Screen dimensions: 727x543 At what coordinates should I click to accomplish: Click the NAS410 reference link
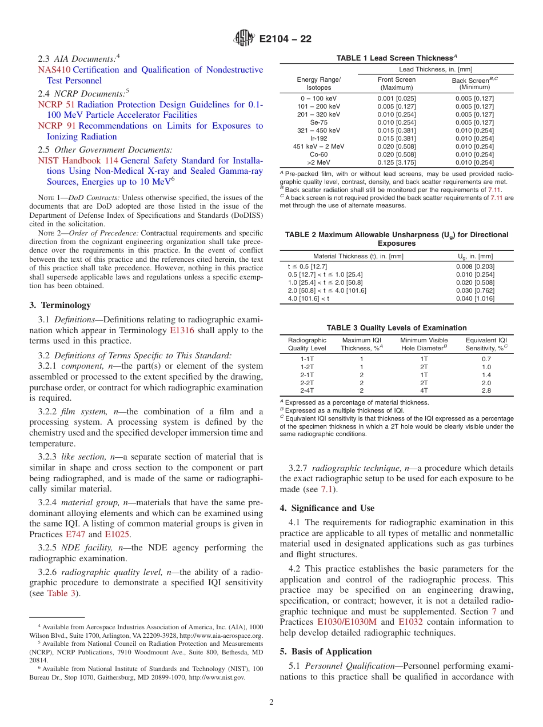(x=54, y=70)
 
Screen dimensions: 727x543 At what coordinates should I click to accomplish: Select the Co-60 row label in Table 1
(x=318, y=154)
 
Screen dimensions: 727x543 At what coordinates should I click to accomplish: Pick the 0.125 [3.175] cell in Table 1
(x=396, y=162)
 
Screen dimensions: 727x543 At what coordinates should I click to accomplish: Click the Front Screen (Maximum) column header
(x=396, y=83)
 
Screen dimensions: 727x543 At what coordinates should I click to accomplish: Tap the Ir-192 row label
(x=318, y=138)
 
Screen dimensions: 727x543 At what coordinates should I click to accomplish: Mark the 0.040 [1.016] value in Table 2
(x=475, y=298)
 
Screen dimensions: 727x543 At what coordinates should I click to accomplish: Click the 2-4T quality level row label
(x=307, y=391)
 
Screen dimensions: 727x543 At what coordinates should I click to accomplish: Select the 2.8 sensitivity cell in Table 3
(x=486, y=391)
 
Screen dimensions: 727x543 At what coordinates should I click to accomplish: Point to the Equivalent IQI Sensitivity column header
(x=486, y=344)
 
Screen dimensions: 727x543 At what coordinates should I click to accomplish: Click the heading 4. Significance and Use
(x=327, y=508)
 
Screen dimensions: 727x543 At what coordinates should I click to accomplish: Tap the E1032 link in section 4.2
(x=410, y=622)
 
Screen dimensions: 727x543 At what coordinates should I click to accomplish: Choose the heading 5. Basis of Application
(x=326, y=652)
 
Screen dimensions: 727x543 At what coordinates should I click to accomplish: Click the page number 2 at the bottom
(x=271, y=702)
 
